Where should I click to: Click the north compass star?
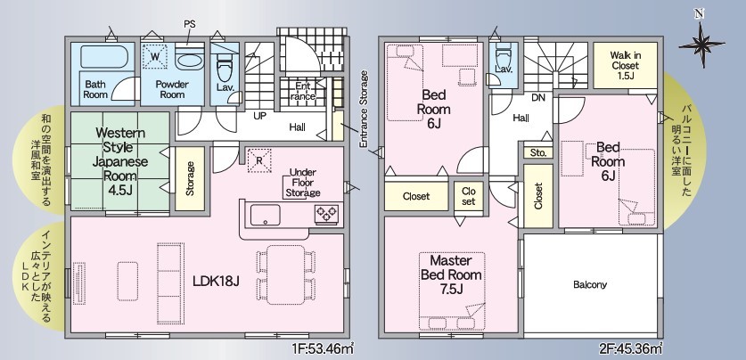[x=701, y=45]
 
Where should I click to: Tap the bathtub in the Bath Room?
[x=104, y=57]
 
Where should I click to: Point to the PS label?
[x=189, y=24]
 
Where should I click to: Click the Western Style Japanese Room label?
[x=120, y=160]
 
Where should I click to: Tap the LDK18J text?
[x=216, y=282]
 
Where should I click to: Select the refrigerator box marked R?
[x=258, y=160]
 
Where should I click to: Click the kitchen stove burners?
[x=327, y=214]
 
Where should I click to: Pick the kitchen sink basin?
[x=265, y=215]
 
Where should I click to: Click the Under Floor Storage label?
[x=302, y=183]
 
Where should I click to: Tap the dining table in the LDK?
[x=285, y=274]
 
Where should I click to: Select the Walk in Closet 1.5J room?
[x=625, y=65]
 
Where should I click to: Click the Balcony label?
[x=590, y=285]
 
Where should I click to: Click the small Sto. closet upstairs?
[x=538, y=152]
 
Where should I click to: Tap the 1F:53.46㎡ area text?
[x=322, y=349]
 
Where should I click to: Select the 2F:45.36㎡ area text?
[x=631, y=349]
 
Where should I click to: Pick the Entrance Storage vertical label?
[x=364, y=109]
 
